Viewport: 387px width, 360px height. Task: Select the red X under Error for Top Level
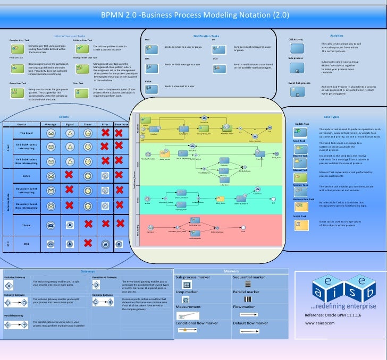(105, 133)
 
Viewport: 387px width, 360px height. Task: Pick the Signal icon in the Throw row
(70, 226)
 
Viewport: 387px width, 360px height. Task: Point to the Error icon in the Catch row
(105, 175)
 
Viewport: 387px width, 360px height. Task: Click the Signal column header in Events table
(70, 124)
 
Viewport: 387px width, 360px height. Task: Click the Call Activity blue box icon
(297, 48)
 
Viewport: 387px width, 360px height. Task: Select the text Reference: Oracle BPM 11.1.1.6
(330, 315)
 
